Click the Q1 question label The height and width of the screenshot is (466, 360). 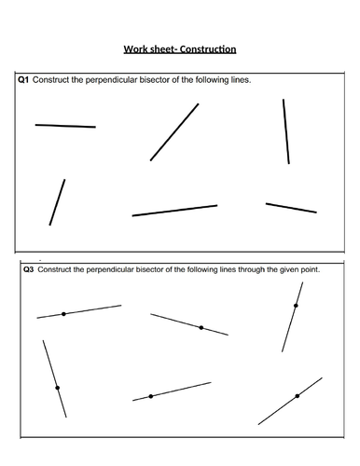tap(24, 80)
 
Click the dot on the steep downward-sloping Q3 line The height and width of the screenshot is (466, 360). tap(57, 388)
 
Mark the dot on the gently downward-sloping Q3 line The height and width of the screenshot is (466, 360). tap(201, 327)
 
